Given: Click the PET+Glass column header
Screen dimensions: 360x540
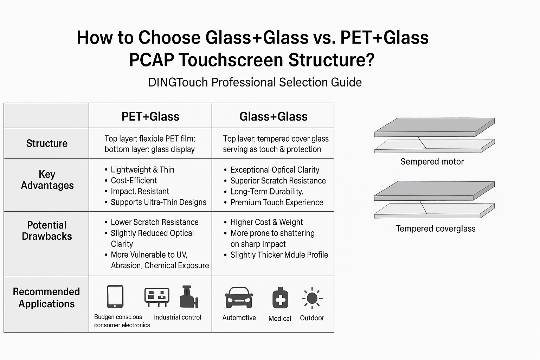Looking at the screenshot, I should click(x=150, y=116).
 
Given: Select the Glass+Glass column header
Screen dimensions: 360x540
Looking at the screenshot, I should click(x=273, y=116).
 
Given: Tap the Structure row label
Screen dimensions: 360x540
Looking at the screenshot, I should click(x=47, y=143).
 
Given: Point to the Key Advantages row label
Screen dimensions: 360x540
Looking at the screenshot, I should click(x=47, y=180).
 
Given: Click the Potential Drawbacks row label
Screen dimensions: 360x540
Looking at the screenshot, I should click(x=47, y=231).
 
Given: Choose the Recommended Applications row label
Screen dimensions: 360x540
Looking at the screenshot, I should click(x=46, y=298).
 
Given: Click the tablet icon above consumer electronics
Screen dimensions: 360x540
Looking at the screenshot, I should click(x=115, y=297).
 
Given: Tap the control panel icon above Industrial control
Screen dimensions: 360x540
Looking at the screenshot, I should click(x=157, y=297).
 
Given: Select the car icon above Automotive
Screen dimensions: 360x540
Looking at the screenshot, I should click(x=239, y=298).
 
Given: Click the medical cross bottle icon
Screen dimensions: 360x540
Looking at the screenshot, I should click(x=280, y=298).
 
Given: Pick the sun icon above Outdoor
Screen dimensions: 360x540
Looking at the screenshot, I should click(x=312, y=298).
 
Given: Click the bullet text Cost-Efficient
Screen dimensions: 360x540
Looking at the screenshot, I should click(x=134, y=180).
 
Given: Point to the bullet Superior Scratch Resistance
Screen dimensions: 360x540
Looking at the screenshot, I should click(x=278, y=181).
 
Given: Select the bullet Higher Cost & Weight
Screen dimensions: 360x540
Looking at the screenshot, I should click(x=266, y=222).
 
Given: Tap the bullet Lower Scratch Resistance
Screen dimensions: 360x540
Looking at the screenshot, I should click(x=154, y=222).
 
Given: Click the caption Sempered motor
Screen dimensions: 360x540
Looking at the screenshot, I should click(x=432, y=162).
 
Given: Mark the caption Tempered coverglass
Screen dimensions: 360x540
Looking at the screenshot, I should click(x=436, y=229).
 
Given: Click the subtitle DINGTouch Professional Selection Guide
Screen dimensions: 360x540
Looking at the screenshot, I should click(x=255, y=82).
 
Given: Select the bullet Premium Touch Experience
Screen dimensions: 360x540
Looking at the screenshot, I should click(x=277, y=202).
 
